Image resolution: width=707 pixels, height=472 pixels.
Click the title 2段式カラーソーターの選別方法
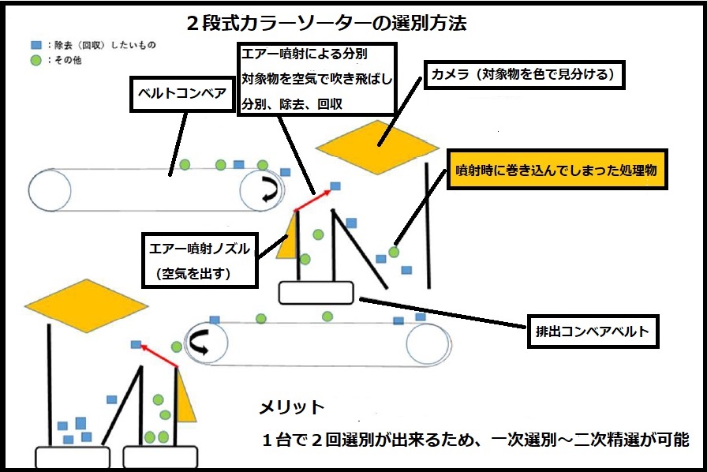[x=326, y=23]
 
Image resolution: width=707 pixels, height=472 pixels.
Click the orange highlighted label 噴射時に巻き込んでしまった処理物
[x=557, y=170]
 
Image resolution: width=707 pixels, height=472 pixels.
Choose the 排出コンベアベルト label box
[x=593, y=332]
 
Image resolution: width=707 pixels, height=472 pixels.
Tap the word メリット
[x=292, y=407]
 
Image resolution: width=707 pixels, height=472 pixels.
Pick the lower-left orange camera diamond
[x=86, y=304]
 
